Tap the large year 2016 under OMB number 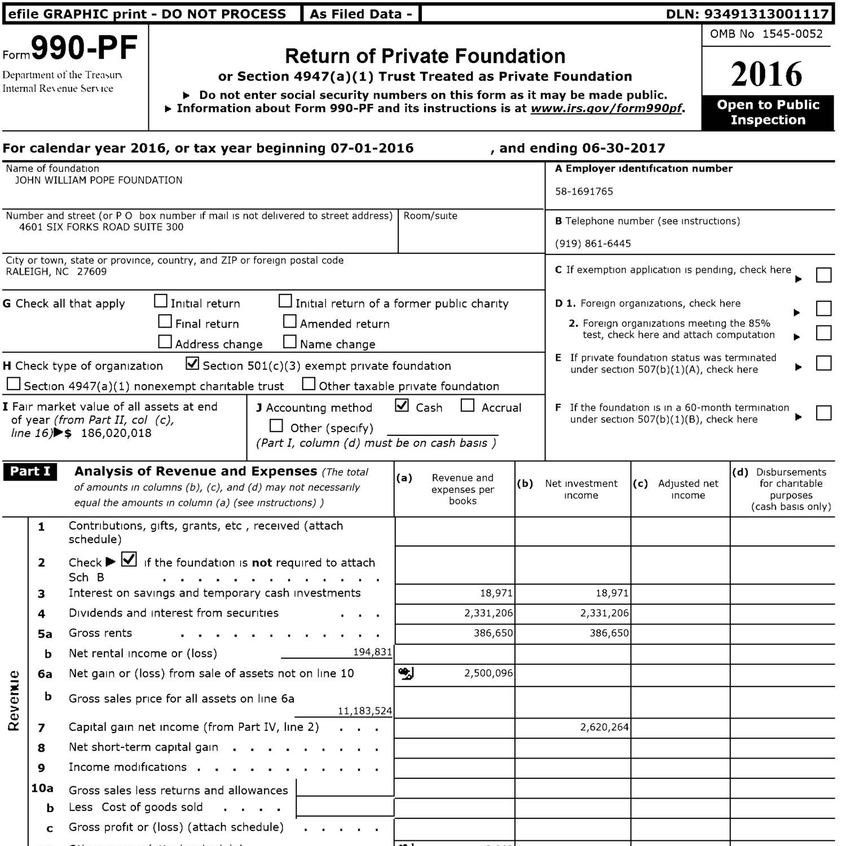(x=766, y=74)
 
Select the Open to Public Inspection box (x=768, y=112)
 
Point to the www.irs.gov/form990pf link (x=606, y=108)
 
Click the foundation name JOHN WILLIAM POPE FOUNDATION (x=98, y=180)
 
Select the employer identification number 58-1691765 (x=584, y=191)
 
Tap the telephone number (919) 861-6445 (x=593, y=244)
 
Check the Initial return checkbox (x=161, y=301)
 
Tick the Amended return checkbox (x=289, y=321)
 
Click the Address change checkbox (x=165, y=342)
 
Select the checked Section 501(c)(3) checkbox (x=192, y=364)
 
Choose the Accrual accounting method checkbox (x=468, y=406)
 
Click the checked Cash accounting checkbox (x=402, y=406)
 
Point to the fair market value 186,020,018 (x=116, y=433)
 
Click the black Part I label (x=30, y=472)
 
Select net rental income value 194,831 (x=372, y=652)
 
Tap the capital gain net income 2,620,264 (x=604, y=728)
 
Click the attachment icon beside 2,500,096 (x=406, y=673)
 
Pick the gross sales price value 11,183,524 (x=364, y=711)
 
